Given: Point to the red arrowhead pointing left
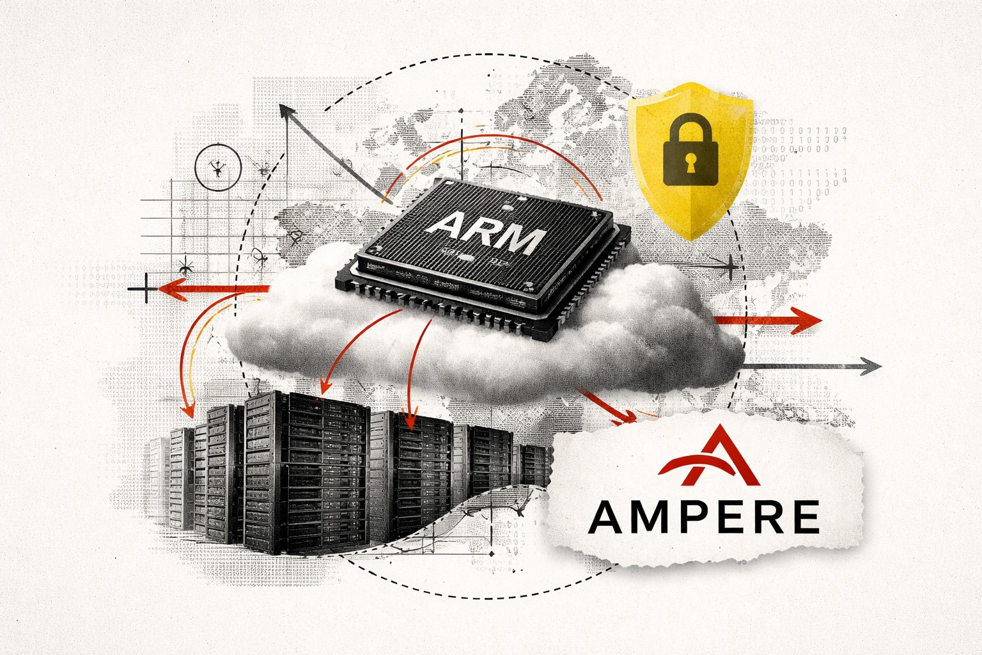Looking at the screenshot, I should pos(168,289).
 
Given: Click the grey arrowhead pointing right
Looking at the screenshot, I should pos(871,366).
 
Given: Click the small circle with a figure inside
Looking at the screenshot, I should pos(217,168).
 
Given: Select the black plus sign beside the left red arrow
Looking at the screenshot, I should pos(146,290).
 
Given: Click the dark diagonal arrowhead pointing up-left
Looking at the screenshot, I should pos(289,115).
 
